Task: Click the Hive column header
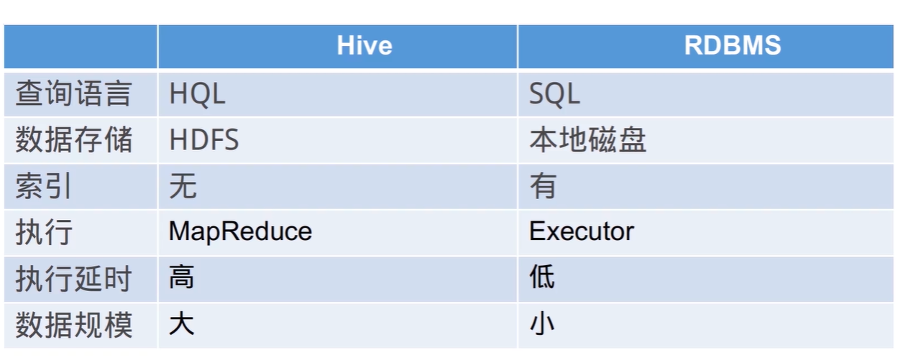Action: pos(365,45)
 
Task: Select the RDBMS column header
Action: pos(733,45)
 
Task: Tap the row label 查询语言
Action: pos(74,93)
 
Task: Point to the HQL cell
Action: pos(197,94)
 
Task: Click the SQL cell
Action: pos(554,94)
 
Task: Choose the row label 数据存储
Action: pos(74,139)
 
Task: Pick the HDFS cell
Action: pos(204,139)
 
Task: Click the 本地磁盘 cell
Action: pos(588,139)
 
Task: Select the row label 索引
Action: pos(44,185)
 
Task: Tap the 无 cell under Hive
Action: pos(183,185)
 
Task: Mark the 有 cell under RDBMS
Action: pos(543,185)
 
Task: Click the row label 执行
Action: pos(44,232)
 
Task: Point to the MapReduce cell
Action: pos(240,232)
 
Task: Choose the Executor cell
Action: pos(582,231)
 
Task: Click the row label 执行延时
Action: pos(74,278)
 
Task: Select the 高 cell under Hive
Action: pos(182,277)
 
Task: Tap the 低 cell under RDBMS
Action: pos(542,277)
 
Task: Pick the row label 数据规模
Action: pos(74,325)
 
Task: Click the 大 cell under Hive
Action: pos(182,323)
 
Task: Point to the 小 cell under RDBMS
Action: pos(542,323)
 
